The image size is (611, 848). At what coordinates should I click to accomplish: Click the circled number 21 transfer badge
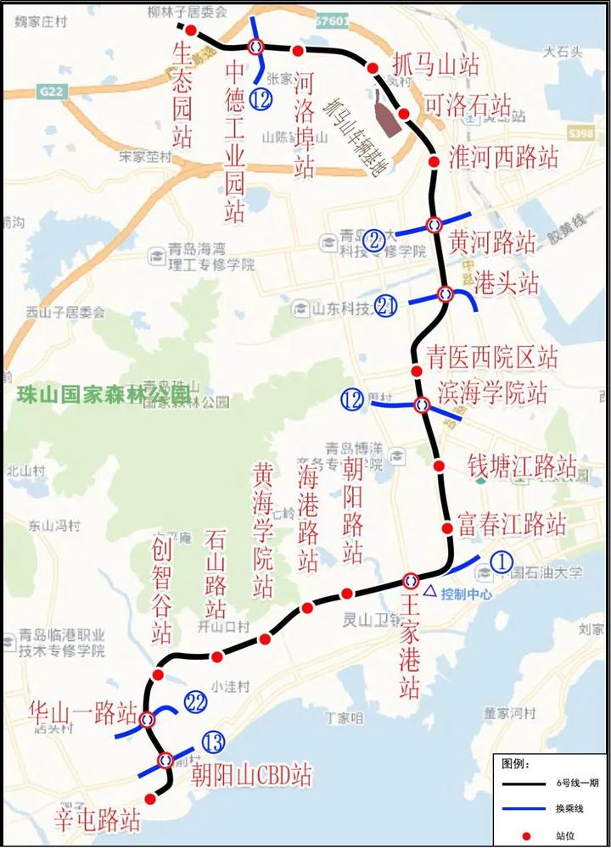386,306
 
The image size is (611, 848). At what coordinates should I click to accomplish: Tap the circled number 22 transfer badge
196,702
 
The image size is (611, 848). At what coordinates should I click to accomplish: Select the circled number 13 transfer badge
213,744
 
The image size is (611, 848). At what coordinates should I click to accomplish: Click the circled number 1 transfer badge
501,561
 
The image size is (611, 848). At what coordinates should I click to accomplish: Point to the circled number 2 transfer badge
373,240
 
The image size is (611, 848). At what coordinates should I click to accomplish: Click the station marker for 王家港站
411,580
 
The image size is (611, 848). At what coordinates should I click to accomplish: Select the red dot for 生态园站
192,31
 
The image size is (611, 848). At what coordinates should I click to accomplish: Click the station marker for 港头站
445,294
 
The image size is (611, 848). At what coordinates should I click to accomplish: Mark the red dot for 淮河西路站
433,161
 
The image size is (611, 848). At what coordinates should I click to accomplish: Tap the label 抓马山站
436,64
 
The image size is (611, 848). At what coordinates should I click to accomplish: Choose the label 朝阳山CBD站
251,774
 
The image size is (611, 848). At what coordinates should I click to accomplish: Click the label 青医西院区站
492,356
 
